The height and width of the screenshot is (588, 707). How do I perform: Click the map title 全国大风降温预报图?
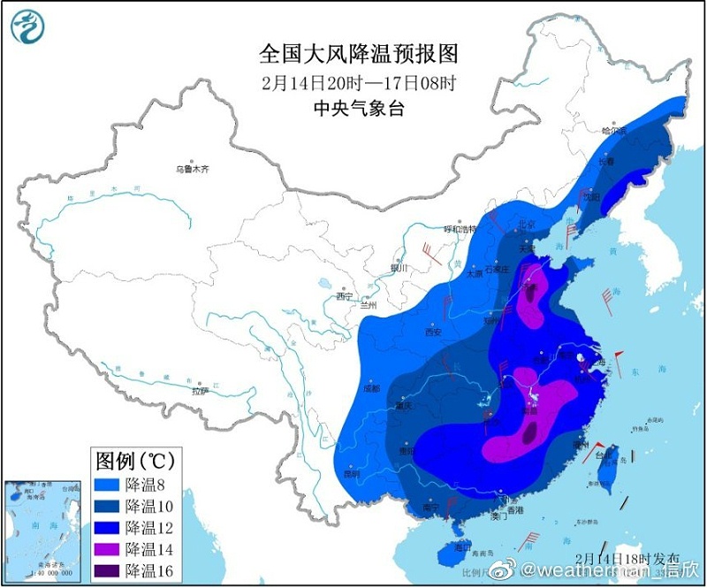point(359,54)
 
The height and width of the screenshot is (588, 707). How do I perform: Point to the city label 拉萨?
point(200,389)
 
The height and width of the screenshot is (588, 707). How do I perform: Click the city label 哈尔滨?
point(613,131)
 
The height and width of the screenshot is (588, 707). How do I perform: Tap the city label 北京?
point(526,225)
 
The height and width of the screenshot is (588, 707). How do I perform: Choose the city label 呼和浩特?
point(460,229)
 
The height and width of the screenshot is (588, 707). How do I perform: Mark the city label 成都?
point(370,388)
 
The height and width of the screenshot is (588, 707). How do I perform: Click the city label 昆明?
point(352,473)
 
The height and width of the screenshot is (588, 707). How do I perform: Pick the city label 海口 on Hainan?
point(460,547)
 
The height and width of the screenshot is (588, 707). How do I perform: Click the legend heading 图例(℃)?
point(134,461)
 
